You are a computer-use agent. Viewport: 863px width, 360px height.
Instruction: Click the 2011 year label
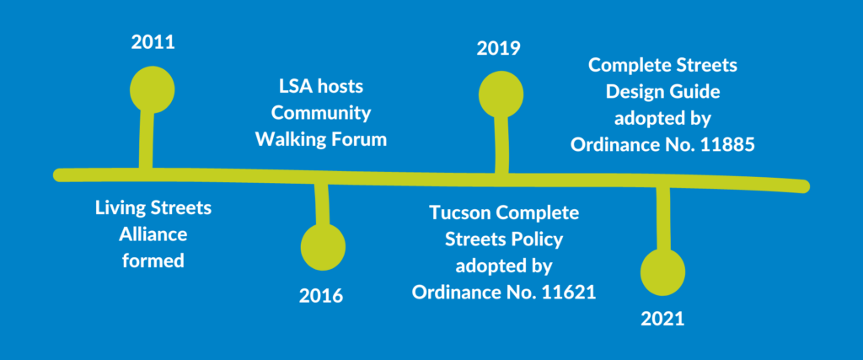tap(153, 41)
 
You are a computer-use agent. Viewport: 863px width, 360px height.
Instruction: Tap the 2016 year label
tap(321, 296)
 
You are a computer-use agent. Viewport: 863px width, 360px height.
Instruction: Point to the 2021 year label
tap(662, 320)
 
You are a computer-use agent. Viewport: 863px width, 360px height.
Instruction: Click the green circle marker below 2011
tap(153, 89)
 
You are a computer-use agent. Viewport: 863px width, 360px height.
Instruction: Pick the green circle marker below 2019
tap(501, 94)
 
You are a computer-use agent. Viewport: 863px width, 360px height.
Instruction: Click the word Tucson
tap(458, 212)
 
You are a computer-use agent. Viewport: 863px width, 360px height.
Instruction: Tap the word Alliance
tap(153, 234)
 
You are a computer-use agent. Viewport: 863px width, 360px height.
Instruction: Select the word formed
tap(153, 260)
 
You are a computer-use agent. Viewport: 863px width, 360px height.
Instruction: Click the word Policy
tap(536, 239)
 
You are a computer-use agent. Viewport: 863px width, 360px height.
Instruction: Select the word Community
tap(321, 113)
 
